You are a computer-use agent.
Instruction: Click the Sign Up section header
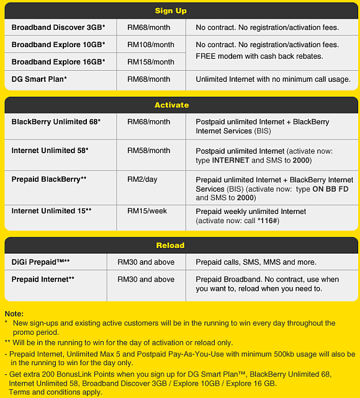click(x=171, y=11)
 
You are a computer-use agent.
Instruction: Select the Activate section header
click(x=171, y=105)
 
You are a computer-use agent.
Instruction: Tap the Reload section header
click(x=171, y=245)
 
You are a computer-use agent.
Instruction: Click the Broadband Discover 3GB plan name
click(x=58, y=27)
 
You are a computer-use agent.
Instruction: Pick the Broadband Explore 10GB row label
click(x=58, y=45)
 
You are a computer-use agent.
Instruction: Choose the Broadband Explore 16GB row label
click(x=58, y=62)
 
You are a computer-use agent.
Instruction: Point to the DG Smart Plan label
click(x=39, y=79)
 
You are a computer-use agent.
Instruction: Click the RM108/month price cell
click(x=151, y=45)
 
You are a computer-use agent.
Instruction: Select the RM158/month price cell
click(x=151, y=62)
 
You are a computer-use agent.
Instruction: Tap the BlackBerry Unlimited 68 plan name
click(x=56, y=122)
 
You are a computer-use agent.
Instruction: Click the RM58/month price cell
click(x=148, y=151)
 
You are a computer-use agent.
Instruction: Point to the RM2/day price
click(x=142, y=179)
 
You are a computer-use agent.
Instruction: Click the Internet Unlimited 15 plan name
click(x=52, y=211)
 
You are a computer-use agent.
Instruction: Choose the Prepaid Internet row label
click(x=43, y=280)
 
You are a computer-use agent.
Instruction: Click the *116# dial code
click(x=269, y=221)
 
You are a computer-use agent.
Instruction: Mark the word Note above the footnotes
click(x=14, y=314)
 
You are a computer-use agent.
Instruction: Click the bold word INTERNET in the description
click(x=230, y=161)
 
